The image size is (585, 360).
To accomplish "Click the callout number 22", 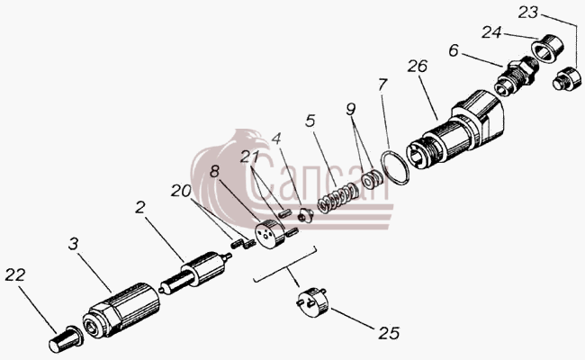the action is tap(15, 274).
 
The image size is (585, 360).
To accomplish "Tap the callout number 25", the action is tap(389, 333).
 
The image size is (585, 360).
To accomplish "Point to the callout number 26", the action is tap(417, 66).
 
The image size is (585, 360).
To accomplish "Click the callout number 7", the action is tap(382, 85).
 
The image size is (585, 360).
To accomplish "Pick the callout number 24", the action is tap(491, 32).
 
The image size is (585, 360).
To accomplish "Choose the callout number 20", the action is tap(181, 191).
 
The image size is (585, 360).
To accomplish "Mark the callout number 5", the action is tap(310, 121).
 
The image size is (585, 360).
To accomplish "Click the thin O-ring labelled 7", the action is tap(395, 166).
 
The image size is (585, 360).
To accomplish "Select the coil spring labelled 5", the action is tap(337, 197).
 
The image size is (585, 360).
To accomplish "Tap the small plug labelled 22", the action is tap(66, 338).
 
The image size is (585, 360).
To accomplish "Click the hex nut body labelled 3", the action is tap(121, 310).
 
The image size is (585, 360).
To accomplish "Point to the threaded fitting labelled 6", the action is tap(516, 76).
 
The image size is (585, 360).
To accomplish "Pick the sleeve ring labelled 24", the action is tap(547, 49).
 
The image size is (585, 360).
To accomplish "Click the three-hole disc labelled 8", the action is tap(268, 233).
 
